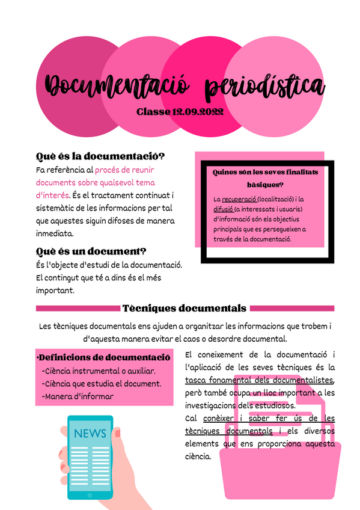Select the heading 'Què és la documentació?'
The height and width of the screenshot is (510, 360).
coord(100,156)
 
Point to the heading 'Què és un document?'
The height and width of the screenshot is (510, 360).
coord(91,251)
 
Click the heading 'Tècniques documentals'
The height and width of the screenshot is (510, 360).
coord(185,309)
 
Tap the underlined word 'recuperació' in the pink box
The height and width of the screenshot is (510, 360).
coord(239,199)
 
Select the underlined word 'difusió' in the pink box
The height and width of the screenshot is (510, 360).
coord(222,209)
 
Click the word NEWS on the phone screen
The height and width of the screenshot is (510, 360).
coord(90,434)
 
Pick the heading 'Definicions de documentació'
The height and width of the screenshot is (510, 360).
coord(104,357)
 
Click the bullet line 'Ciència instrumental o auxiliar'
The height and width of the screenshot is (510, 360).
coord(99,371)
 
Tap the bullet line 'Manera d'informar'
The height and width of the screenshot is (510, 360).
coord(78,396)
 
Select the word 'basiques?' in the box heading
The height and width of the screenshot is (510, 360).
coord(265,185)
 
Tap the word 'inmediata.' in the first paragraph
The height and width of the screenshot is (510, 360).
coord(55,233)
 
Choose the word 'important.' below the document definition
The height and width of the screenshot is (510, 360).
coord(55,290)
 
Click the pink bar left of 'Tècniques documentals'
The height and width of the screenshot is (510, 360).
coord(78,309)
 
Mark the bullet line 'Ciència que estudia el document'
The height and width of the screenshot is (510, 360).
coord(102,384)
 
